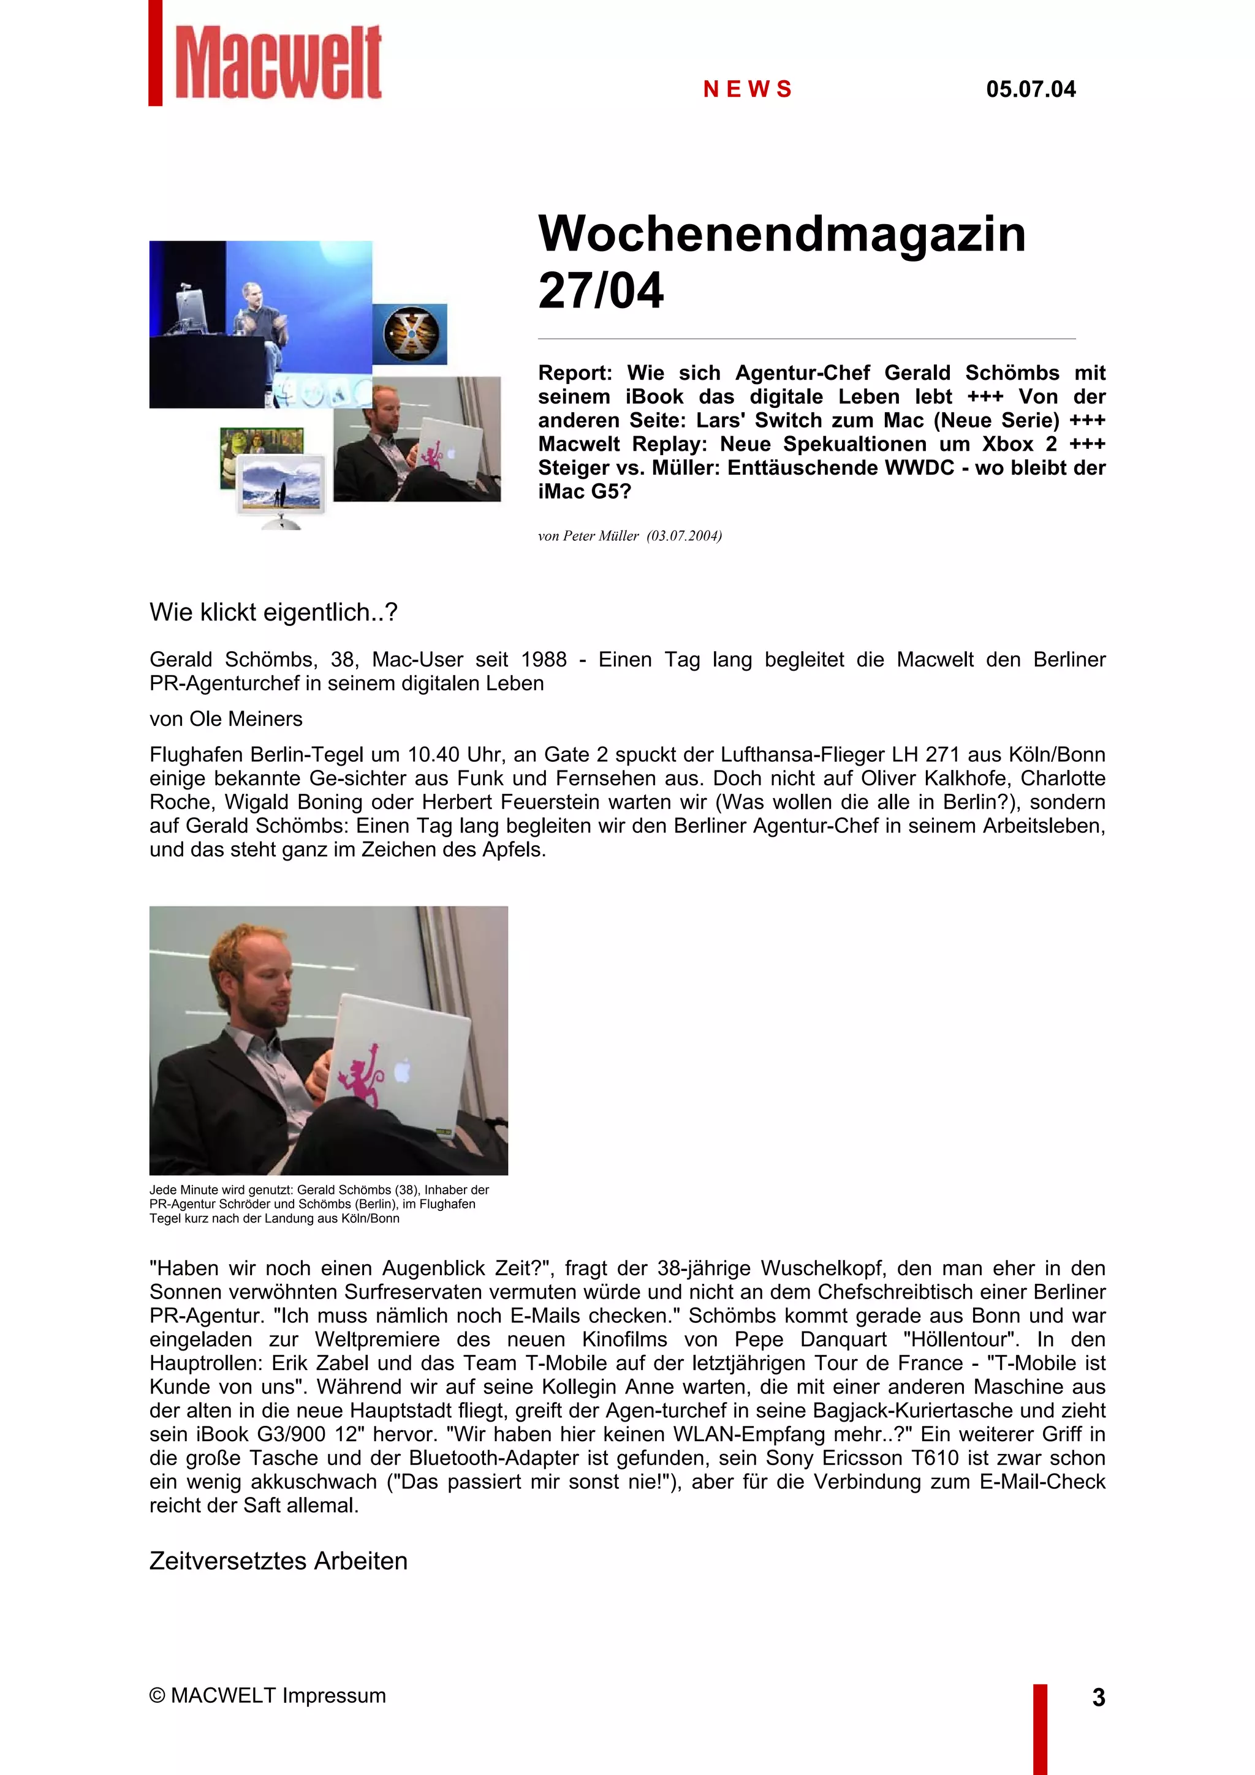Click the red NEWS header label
point(748,89)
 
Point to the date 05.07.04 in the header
point(1030,89)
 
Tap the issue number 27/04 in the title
point(601,292)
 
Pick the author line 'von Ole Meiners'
point(226,719)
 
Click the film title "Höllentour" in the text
point(961,1339)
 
